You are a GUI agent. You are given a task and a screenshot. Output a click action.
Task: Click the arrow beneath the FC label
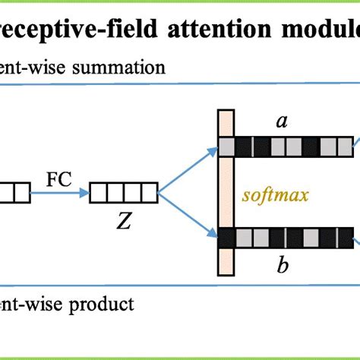tap(57, 192)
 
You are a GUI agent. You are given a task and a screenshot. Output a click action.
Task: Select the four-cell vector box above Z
tap(123, 192)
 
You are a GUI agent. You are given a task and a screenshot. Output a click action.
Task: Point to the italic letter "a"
tap(281, 123)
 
